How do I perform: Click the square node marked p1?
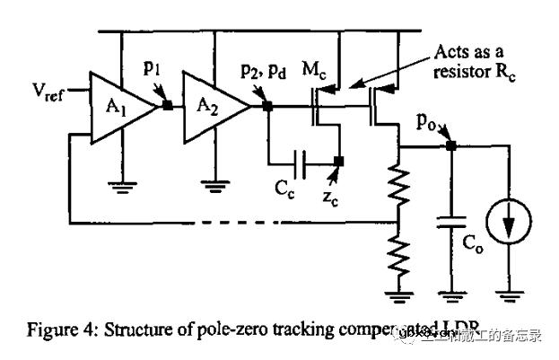click(167, 105)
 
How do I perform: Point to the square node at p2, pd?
click(266, 105)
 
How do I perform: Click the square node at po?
click(451, 146)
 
